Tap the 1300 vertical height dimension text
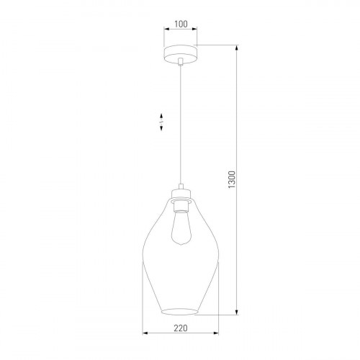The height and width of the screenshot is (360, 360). click(231, 179)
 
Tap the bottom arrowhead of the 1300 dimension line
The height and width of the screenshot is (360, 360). click(238, 314)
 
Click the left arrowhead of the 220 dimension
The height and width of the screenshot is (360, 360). click(146, 335)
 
